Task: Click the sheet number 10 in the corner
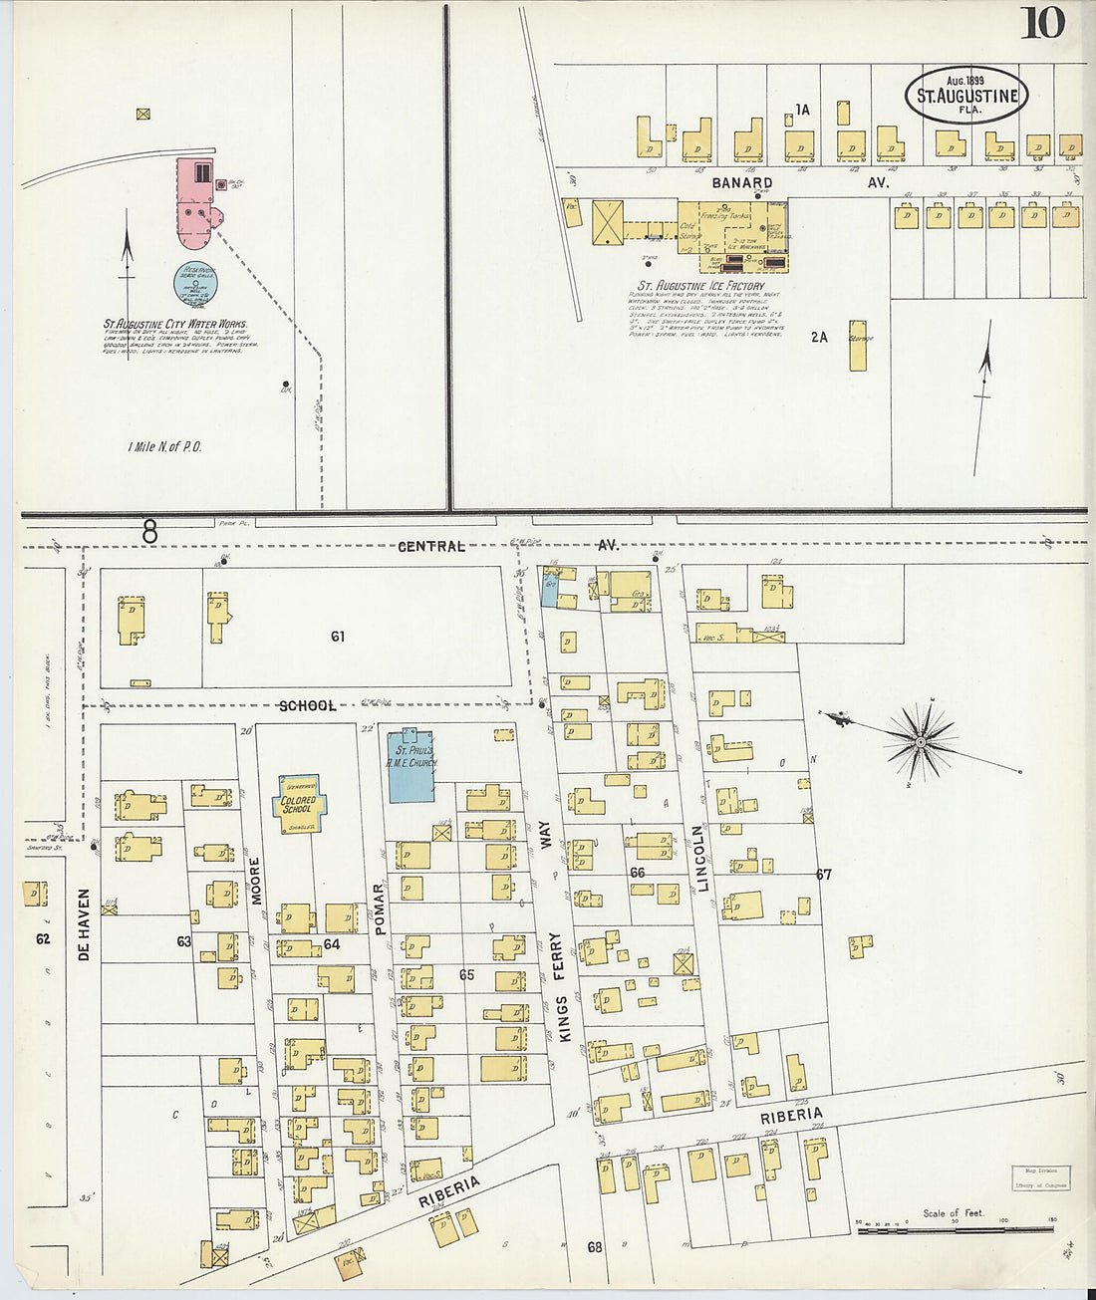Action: coord(1041,22)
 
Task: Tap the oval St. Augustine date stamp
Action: coord(965,96)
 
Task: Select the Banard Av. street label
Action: coord(800,183)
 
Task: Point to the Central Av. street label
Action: coord(508,546)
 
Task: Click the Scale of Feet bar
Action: coord(955,1230)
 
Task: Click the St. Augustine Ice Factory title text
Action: coord(694,286)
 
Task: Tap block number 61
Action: coord(338,636)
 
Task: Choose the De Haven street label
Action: coord(84,924)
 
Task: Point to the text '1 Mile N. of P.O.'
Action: coord(164,447)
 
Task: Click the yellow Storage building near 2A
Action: coord(858,345)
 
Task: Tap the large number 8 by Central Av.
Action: coord(149,534)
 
